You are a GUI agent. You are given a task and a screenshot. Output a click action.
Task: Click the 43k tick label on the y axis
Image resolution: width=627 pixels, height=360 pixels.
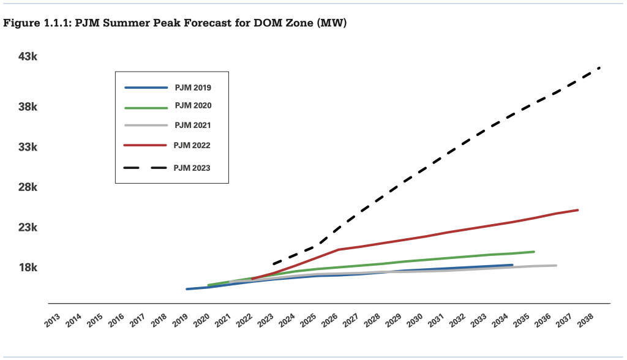(x=28, y=57)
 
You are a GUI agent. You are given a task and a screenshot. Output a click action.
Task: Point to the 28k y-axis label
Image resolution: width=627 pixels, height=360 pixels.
(x=28, y=187)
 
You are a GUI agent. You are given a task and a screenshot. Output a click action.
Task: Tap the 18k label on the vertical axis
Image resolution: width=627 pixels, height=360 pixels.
(x=28, y=268)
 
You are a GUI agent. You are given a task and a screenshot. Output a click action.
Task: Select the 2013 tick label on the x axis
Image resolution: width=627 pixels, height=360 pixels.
(x=53, y=320)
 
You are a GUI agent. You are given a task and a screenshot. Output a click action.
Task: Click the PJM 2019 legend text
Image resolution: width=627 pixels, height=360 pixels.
(x=193, y=88)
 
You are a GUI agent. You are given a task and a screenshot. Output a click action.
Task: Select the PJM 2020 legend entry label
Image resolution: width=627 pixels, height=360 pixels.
(x=193, y=105)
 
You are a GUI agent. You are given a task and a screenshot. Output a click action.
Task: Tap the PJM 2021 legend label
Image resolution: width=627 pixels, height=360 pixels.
(x=193, y=126)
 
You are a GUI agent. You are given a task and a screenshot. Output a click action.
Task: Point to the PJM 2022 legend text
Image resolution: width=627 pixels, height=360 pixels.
(x=192, y=145)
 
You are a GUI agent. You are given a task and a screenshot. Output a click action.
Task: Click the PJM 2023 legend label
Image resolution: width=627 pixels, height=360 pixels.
(x=192, y=167)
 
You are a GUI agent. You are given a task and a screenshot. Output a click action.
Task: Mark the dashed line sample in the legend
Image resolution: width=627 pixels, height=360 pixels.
(x=145, y=167)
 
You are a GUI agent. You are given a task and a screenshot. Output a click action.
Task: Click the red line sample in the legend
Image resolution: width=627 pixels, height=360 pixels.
(x=145, y=145)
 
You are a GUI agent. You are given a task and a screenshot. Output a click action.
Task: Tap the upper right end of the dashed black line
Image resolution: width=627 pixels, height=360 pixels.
(x=599, y=67)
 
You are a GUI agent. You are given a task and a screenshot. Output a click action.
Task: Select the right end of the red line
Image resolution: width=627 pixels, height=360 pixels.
(x=578, y=210)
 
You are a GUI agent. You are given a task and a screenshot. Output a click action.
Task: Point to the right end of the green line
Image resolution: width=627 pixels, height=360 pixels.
(x=534, y=252)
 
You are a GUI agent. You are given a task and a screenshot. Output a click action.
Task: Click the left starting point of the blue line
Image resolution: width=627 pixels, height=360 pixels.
(x=187, y=289)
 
